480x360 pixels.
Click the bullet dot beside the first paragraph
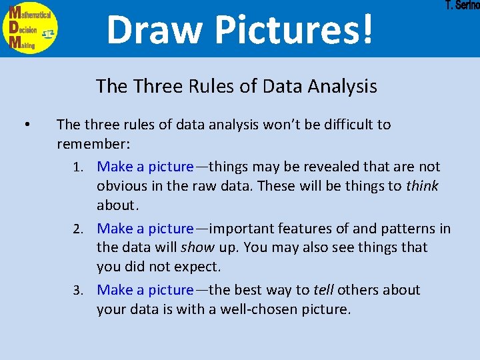click(25, 125)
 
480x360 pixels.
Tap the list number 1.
click(78, 167)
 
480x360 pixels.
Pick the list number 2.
click(78, 229)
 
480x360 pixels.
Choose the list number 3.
click(78, 290)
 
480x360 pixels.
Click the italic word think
click(422, 185)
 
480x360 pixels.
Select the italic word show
click(197, 247)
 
